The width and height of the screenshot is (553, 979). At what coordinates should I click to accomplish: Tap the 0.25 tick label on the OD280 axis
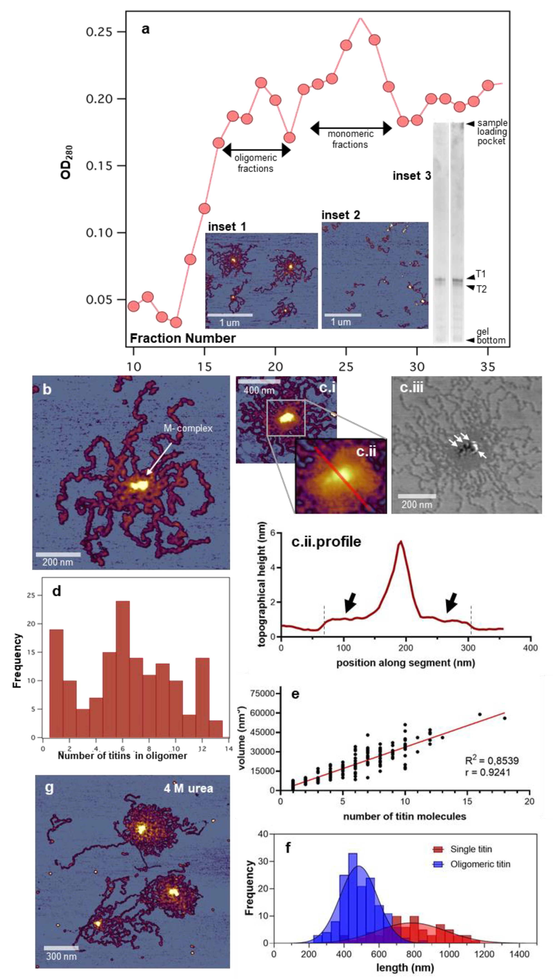tap(99, 32)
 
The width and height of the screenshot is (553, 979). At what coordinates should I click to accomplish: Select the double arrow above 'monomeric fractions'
tap(351, 128)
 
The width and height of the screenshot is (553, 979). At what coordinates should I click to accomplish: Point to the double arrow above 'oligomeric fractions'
tap(256, 150)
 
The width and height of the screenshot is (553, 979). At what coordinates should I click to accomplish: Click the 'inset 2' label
tap(341, 215)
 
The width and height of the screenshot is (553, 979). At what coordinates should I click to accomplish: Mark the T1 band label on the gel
tap(481, 274)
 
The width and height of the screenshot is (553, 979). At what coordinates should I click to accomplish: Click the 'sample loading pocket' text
tap(492, 132)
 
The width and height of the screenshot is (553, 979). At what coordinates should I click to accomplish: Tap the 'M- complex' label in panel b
tap(188, 428)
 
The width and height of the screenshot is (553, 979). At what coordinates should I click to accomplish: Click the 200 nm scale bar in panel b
tap(58, 554)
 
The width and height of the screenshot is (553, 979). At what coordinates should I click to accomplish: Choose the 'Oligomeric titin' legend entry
tap(480, 864)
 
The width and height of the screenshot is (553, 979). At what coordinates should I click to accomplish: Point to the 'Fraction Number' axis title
tap(183, 338)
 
